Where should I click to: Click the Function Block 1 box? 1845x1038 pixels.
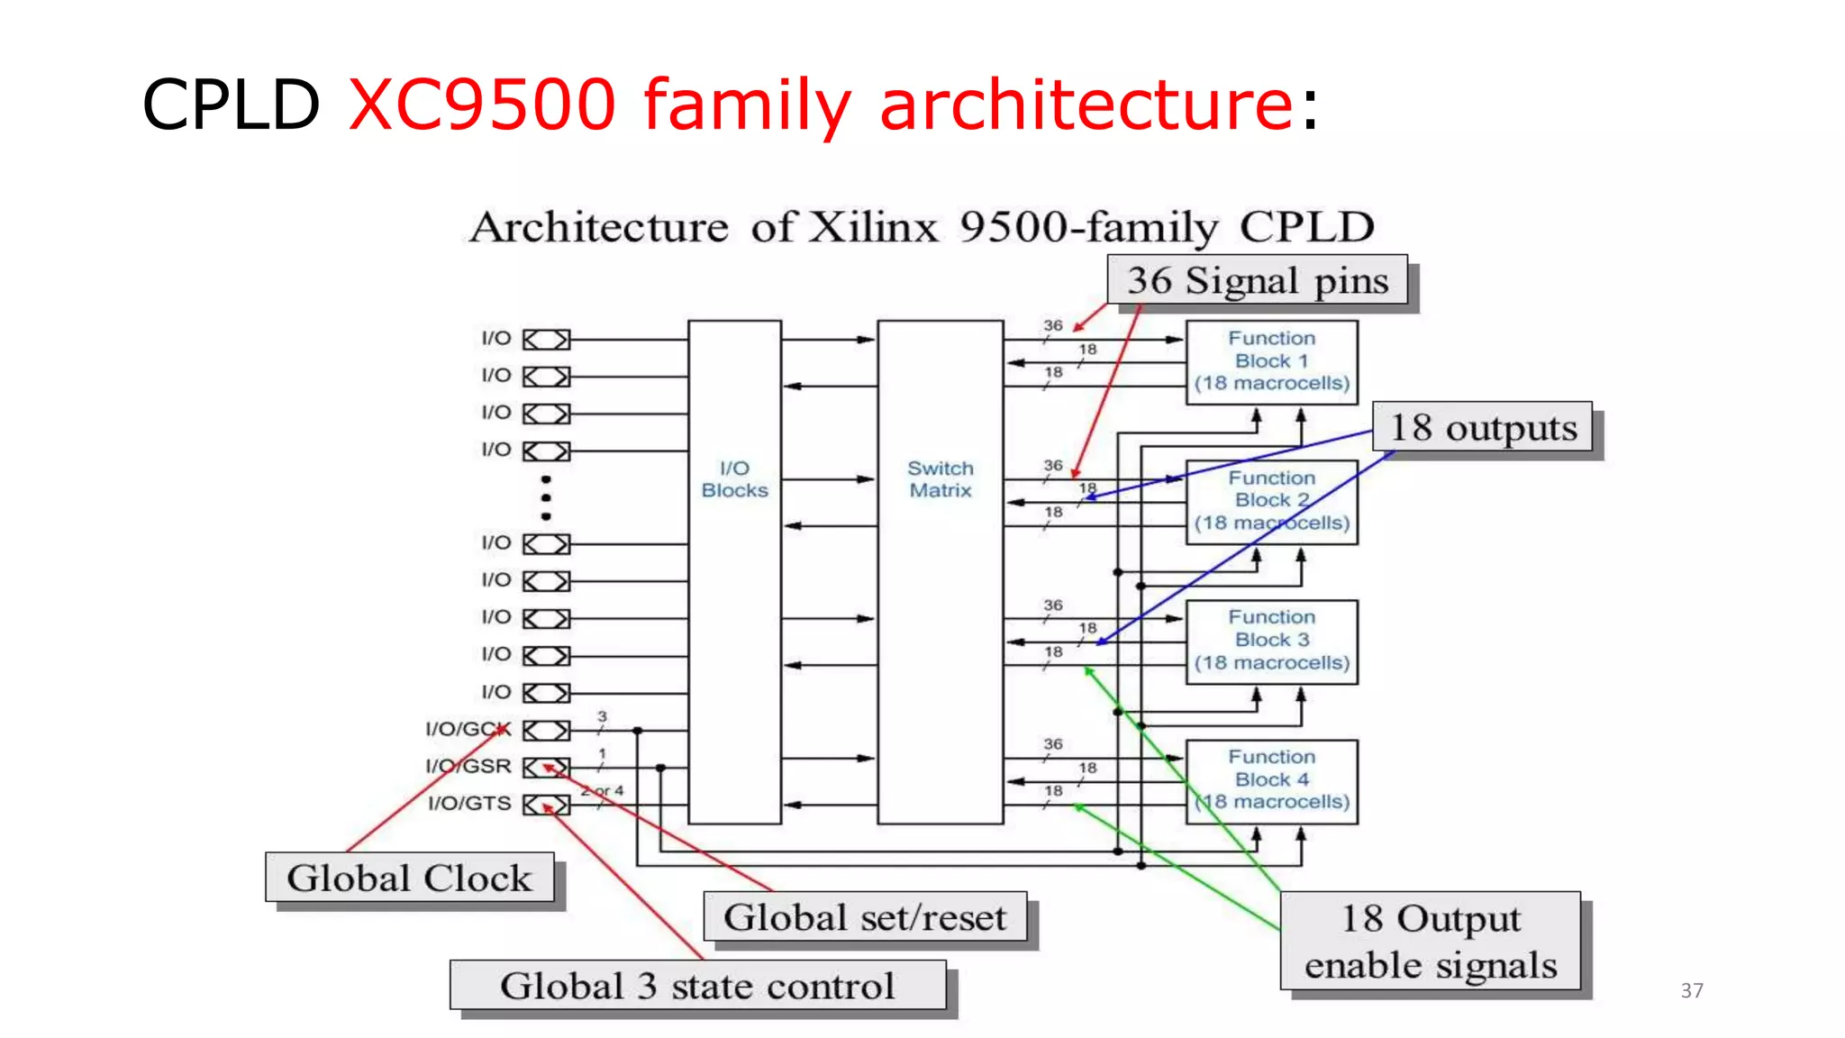tap(1271, 361)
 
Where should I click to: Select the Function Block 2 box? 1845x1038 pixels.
tap(1271, 501)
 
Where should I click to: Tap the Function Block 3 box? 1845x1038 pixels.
tap(1271, 641)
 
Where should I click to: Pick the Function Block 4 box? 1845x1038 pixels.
tap(1271, 780)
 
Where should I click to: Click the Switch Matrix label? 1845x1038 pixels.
tap(940, 479)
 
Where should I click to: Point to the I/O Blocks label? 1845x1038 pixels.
tap(734, 479)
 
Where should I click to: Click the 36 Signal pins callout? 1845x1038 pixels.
tap(1257, 280)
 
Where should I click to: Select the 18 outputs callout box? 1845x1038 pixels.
tap(1482, 427)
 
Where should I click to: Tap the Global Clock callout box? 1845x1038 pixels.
tap(409, 878)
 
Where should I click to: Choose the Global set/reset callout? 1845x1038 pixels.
tap(864, 917)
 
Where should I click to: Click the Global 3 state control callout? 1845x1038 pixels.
tap(697, 986)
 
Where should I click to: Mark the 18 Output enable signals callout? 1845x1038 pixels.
tap(1430, 942)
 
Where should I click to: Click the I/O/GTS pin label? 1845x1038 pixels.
tap(468, 803)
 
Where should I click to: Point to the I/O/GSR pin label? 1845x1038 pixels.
tap(468, 766)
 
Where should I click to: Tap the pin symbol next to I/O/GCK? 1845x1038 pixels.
tap(547, 730)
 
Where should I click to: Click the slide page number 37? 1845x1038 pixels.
tap(1691, 990)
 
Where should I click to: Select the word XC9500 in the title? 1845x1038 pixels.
tap(482, 105)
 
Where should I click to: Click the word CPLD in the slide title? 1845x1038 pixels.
tap(231, 105)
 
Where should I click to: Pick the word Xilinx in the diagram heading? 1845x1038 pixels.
tap(873, 227)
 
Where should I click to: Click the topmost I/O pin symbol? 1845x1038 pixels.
tap(547, 340)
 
